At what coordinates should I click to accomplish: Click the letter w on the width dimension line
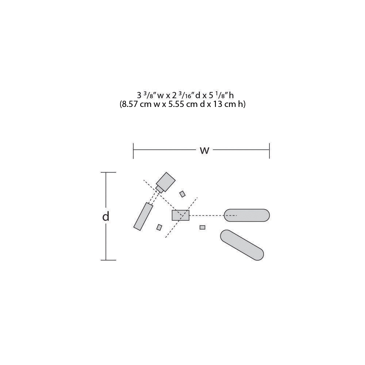point(205,151)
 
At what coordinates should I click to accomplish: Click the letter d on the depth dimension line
point(106,216)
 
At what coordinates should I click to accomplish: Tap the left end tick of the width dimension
point(133,151)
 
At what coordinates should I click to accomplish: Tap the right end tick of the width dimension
point(269,151)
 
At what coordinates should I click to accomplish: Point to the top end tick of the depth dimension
point(108,173)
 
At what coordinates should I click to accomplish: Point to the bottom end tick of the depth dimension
point(108,260)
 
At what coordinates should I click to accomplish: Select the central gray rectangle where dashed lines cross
point(180,215)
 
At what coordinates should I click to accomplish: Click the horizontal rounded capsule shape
point(247,215)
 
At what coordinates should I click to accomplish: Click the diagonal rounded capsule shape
point(242,245)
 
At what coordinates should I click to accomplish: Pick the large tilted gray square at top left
point(166,182)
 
